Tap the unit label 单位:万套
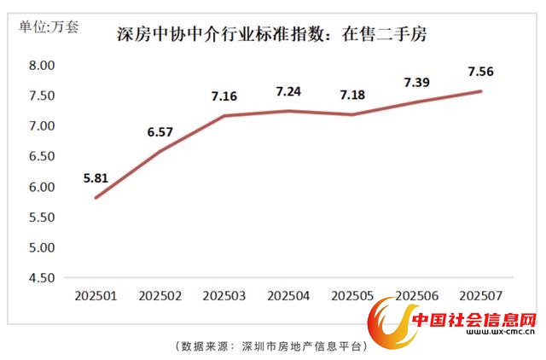coord(49,26)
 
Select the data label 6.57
coord(160,132)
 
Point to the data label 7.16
coord(225,96)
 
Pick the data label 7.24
coord(290,91)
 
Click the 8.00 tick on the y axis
coord(42,66)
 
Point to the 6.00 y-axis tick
coord(42,187)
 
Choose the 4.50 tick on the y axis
coord(42,278)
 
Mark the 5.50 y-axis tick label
coord(42,218)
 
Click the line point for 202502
coord(160,151)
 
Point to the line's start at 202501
coord(95,198)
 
